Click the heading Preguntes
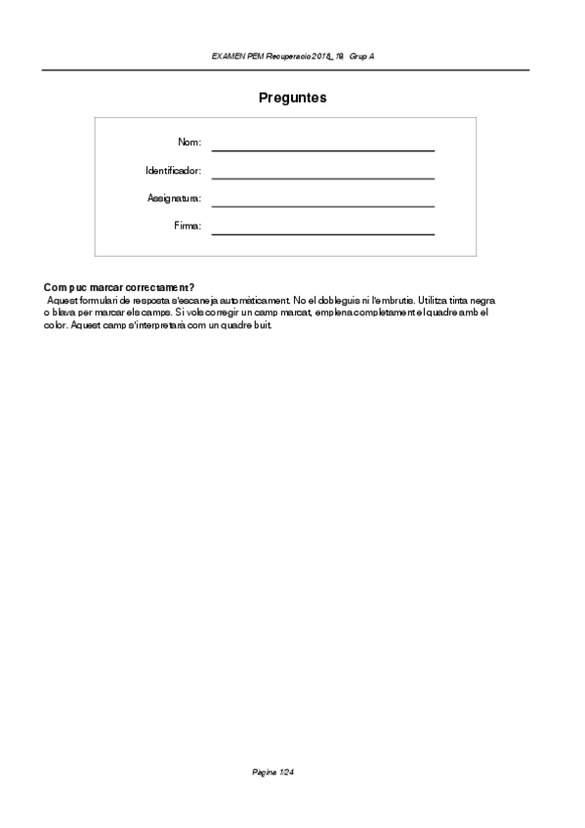(x=292, y=98)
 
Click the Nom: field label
(x=189, y=143)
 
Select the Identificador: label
(x=173, y=171)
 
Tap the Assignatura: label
(x=174, y=199)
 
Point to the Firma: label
(x=188, y=227)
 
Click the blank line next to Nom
(x=322, y=148)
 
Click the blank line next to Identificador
(x=322, y=177)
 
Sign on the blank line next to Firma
(x=322, y=232)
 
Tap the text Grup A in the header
(x=362, y=57)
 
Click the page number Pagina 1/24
(x=273, y=772)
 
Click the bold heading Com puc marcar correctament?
(x=119, y=288)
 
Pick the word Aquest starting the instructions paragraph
(x=62, y=300)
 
